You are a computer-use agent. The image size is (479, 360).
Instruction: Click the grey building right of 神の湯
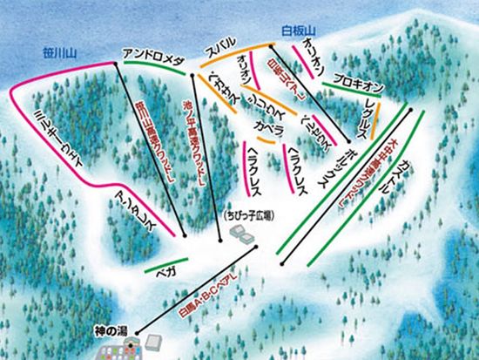pos(156,341)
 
